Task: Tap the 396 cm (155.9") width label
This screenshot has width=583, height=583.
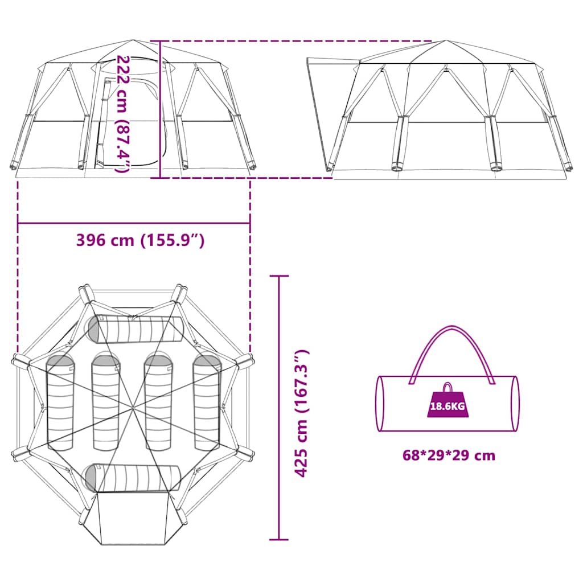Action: (140, 241)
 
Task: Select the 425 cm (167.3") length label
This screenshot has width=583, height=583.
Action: (301, 413)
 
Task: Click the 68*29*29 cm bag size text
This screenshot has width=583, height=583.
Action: (449, 455)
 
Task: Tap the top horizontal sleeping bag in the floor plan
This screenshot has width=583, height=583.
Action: (136, 330)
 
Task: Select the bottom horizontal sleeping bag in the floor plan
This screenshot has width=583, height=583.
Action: (133, 478)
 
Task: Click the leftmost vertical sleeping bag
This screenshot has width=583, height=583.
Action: (60, 403)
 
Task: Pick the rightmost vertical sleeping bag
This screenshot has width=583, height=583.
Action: (207, 403)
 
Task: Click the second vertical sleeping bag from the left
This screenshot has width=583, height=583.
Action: (106, 403)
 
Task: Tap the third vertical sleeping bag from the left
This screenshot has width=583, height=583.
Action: (158, 403)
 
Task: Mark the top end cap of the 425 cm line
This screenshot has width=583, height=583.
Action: (279, 276)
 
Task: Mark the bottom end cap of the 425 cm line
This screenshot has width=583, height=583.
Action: (279, 539)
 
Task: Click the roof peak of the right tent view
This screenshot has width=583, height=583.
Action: (445, 41)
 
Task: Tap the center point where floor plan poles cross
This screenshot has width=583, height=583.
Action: (133, 408)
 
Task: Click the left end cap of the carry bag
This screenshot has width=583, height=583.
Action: (380, 404)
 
